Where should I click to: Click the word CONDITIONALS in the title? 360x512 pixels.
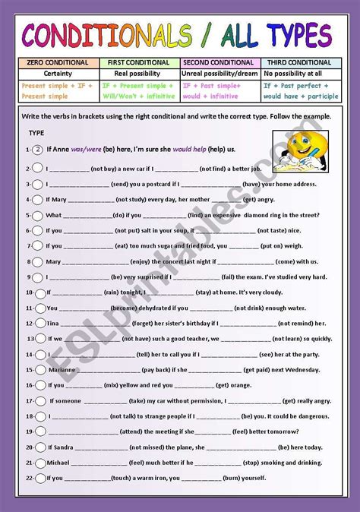tap(106, 34)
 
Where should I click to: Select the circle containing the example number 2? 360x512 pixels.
tap(37, 150)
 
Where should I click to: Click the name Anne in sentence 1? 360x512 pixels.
tap(62, 150)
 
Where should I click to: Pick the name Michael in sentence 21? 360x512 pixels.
tap(60, 462)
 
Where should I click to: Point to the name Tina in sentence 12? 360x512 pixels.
tap(53, 302)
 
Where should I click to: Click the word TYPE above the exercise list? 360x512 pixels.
tap(36, 134)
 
